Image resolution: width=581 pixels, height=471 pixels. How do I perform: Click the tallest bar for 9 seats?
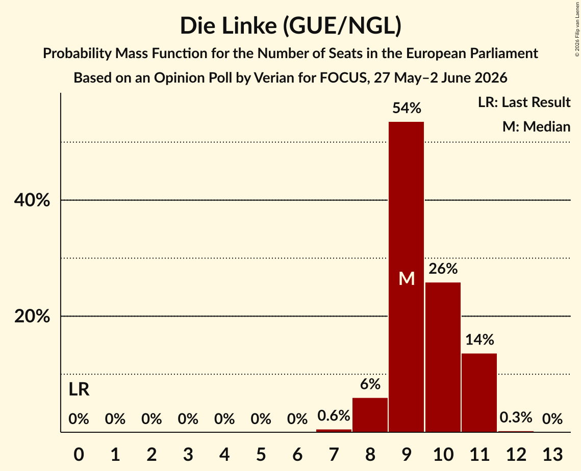[x=407, y=277]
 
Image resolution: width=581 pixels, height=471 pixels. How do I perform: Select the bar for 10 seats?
[x=443, y=357]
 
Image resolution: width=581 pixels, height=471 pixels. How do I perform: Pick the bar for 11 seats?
[x=479, y=392]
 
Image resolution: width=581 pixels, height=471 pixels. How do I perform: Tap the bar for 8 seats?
[x=370, y=415]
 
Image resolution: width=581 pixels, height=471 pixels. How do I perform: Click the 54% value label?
[x=407, y=108]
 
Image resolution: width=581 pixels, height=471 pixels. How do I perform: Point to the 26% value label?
[x=443, y=269]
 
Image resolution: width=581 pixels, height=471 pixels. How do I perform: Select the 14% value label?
[x=479, y=339]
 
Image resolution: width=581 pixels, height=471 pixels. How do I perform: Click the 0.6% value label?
[x=334, y=416]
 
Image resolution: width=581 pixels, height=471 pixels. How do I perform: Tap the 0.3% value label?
[x=516, y=417]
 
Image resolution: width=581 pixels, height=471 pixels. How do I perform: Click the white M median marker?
[x=407, y=278]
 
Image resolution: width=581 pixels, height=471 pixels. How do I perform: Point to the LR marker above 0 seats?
[x=79, y=389]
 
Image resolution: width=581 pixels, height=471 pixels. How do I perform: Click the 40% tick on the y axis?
[x=32, y=200]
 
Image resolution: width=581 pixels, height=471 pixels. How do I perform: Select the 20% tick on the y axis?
[x=32, y=316]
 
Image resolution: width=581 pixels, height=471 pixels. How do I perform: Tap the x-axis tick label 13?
[x=552, y=454]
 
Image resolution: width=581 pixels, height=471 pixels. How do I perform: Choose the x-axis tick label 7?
[x=334, y=454]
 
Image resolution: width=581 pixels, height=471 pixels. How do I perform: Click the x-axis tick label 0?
[x=79, y=454]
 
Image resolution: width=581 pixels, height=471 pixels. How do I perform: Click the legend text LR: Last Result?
[x=524, y=102]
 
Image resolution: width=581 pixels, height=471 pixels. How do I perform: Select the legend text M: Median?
[x=536, y=126]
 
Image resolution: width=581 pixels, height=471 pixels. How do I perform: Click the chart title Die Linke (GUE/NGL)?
[x=291, y=26]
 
